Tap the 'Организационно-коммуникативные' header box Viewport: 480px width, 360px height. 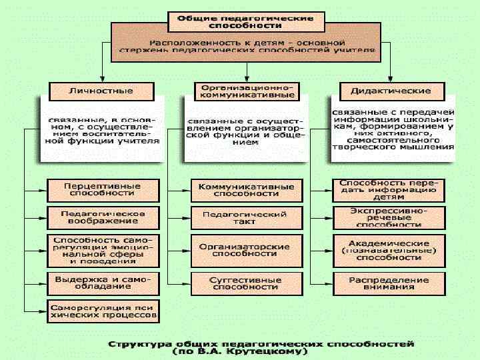click(x=247, y=91)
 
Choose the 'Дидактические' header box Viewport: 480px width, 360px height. click(x=390, y=91)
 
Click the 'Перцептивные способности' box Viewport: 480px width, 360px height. click(x=102, y=189)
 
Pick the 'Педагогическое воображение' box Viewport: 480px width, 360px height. click(x=102, y=218)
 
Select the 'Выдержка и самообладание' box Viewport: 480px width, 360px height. click(x=102, y=282)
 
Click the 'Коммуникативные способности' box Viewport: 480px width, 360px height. click(x=247, y=190)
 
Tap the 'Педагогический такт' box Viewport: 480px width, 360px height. click(x=247, y=218)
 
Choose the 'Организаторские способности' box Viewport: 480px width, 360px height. click(x=247, y=250)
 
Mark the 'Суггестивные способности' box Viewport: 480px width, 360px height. click(x=247, y=283)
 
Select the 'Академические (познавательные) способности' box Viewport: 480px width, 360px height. click(x=389, y=250)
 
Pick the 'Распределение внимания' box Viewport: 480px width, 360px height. click(x=389, y=283)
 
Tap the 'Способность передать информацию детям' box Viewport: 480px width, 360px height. click(x=389, y=190)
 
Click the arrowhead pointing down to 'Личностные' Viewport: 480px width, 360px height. click(x=101, y=77)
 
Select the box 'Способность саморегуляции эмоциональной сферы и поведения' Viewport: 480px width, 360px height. click(x=102, y=249)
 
